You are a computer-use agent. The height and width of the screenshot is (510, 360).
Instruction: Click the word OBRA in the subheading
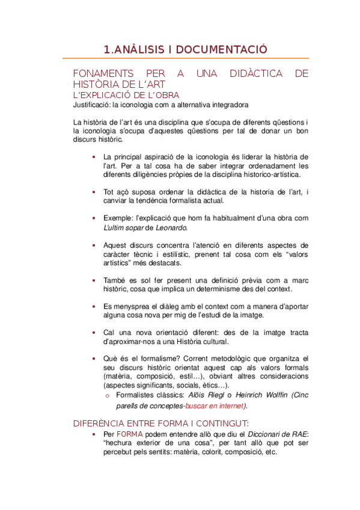(166, 95)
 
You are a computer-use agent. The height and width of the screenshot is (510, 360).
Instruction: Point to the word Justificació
(91, 104)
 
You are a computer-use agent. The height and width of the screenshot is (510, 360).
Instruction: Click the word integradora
(211, 104)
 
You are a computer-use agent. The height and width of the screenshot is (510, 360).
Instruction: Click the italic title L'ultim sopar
(124, 227)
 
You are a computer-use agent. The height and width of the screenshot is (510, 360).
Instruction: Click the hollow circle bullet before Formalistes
(107, 396)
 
